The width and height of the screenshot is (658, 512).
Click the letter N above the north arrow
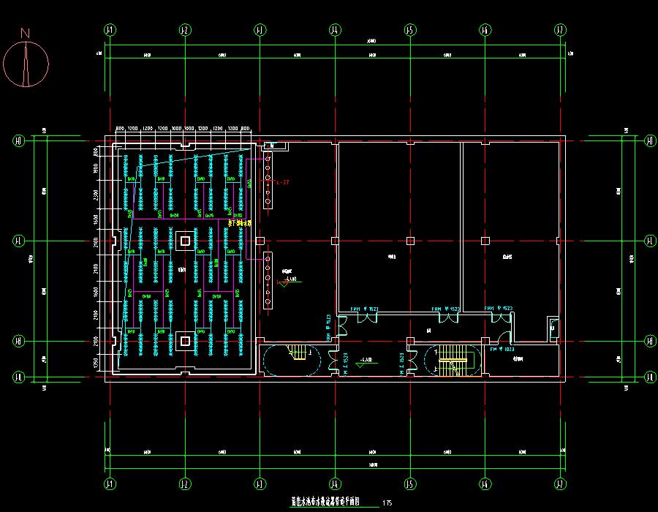click(25, 33)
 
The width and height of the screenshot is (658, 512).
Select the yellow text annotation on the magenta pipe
click(240, 222)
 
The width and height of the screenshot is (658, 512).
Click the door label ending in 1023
click(503, 350)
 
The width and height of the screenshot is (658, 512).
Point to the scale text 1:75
click(387, 503)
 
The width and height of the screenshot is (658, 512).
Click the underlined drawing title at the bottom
click(331, 502)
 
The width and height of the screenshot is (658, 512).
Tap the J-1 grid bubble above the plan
click(110, 30)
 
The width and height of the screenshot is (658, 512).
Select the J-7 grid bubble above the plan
click(560, 30)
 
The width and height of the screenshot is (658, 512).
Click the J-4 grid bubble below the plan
click(335, 484)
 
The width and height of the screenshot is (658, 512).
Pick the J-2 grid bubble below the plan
click(184, 484)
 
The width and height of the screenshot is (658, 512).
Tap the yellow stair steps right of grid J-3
click(298, 353)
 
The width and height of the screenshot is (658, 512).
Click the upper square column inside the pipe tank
click(186, 241)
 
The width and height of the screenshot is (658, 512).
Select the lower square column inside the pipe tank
click(186, 340)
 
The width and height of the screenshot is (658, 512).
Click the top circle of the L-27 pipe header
click(268, 158)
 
